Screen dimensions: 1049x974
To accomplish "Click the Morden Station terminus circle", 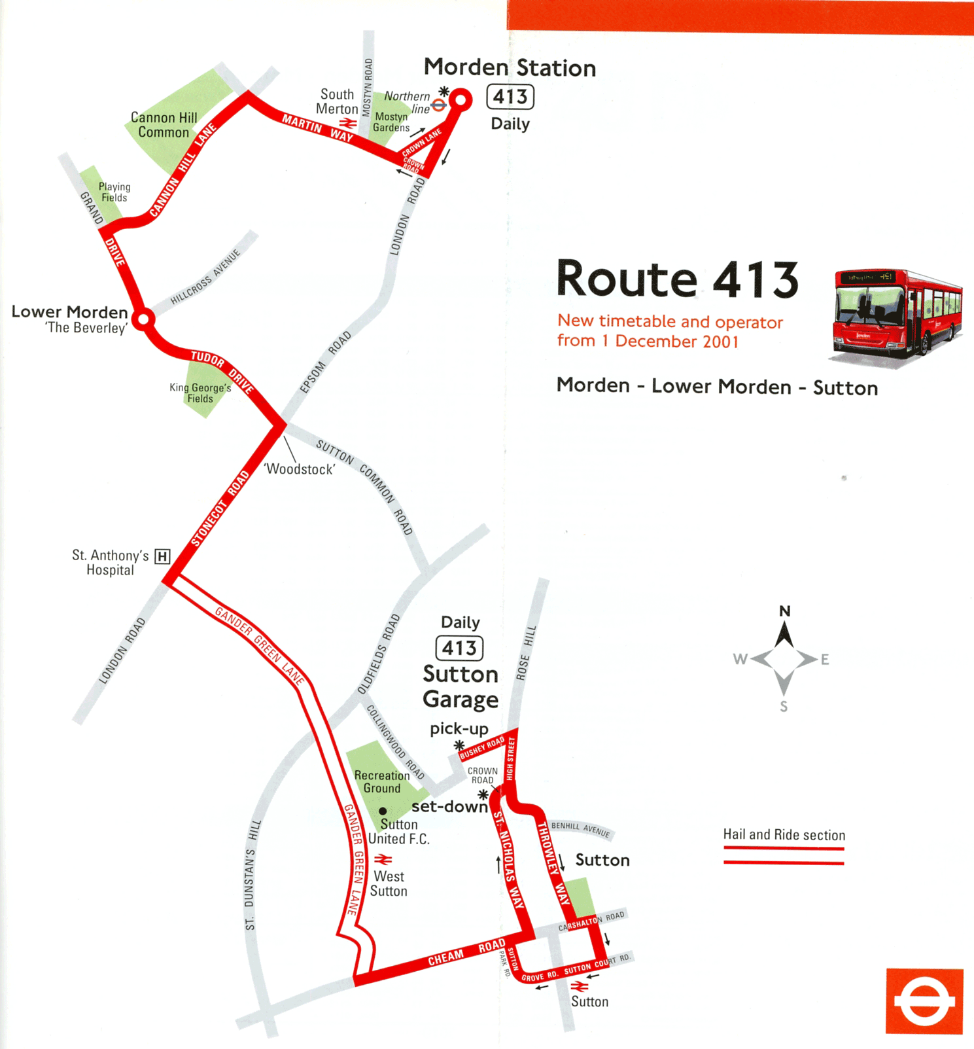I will (461, 100).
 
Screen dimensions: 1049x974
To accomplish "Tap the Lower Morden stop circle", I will (143, 320).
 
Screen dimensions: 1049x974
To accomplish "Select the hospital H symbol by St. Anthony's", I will (162, 557).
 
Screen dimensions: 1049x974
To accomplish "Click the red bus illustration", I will (897, 314).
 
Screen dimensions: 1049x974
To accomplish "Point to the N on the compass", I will (785, 611).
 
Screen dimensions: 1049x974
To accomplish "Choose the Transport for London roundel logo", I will (924, 1001).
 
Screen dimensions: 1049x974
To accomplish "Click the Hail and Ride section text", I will (784, 835).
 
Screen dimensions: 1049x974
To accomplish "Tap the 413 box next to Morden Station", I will (510, 98).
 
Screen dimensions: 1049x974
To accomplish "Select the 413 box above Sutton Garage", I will (459, 649).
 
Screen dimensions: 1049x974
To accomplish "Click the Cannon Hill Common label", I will (164, 125).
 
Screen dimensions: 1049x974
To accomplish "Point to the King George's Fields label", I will (200, 393).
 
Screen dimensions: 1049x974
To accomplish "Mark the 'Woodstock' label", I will (300, 469).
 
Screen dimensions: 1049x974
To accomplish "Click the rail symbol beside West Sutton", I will (383, 859).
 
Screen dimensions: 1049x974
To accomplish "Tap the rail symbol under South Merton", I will (348, 123).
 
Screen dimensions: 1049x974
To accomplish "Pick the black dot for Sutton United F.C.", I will (383, 811).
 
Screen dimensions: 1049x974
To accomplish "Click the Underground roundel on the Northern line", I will (439, 105).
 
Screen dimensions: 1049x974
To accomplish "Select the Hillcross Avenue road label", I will (205, 277).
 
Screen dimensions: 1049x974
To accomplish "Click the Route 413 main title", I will (677, 279).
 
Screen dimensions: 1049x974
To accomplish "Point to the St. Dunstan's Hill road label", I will (252, 874).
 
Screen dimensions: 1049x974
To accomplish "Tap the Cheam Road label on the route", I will (466, 953).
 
